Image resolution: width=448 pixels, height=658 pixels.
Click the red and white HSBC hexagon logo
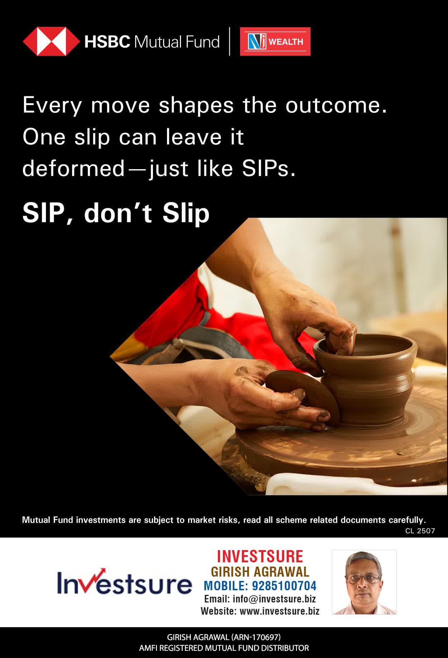click(x=51, y=42)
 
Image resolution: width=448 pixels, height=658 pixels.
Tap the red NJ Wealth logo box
click(x=275, y=42)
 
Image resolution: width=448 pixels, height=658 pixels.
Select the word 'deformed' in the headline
click(x=73, y=168)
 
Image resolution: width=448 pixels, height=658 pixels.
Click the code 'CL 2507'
click(x=420, y=531)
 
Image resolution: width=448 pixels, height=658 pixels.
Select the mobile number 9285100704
click(x=284, y=586)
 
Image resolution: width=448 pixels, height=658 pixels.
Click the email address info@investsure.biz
click(x=274, y=599)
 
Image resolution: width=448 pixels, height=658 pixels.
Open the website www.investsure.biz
click(x=279, y=611)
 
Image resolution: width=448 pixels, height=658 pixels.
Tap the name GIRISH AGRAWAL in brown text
click(x=260, y=572)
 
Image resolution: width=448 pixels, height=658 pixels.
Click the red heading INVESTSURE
click(x=260, y=557)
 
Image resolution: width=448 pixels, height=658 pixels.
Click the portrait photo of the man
click(x=364, y=582)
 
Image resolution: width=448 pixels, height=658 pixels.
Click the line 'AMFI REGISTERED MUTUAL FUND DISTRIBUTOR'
click(x=224, y=648)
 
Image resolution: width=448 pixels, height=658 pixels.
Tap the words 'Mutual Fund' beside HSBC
click(x=177, y=42)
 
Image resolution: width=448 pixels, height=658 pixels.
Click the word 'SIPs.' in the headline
click(x=269, y=168)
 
